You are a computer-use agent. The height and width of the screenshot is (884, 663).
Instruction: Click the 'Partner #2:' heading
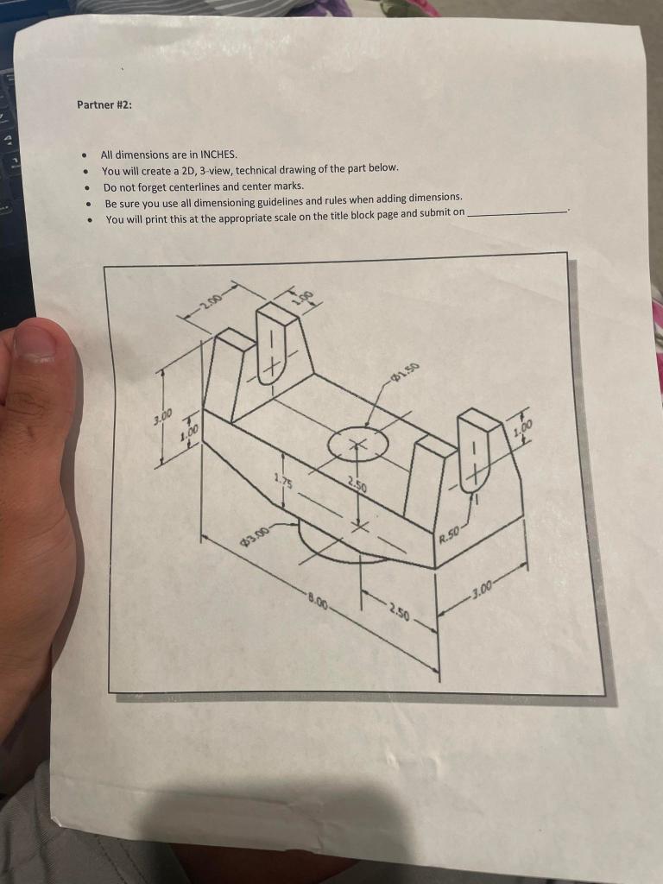[x=104, y=105]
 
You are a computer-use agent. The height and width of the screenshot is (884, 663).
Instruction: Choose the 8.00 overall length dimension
[x=317, y=599]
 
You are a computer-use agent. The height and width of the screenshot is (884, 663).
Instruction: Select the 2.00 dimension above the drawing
[x=209, y=301]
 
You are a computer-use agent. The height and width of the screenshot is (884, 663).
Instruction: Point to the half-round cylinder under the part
[x=337, y=542]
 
